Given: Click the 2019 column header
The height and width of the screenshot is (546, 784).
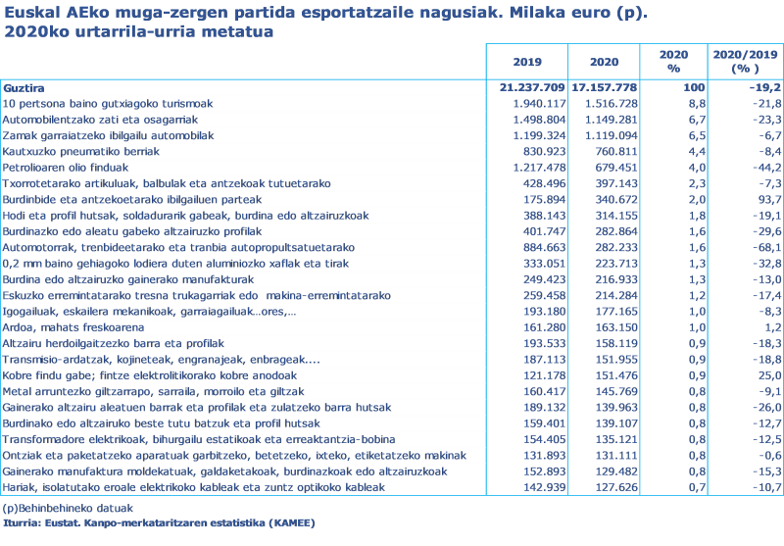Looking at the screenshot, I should point(526,62).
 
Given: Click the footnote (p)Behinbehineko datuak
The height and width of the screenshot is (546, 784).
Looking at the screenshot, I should point(68,508).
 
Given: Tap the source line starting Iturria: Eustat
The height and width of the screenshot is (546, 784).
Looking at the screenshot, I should point(157,522).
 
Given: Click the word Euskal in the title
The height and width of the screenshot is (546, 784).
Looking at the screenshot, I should point(27,14).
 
